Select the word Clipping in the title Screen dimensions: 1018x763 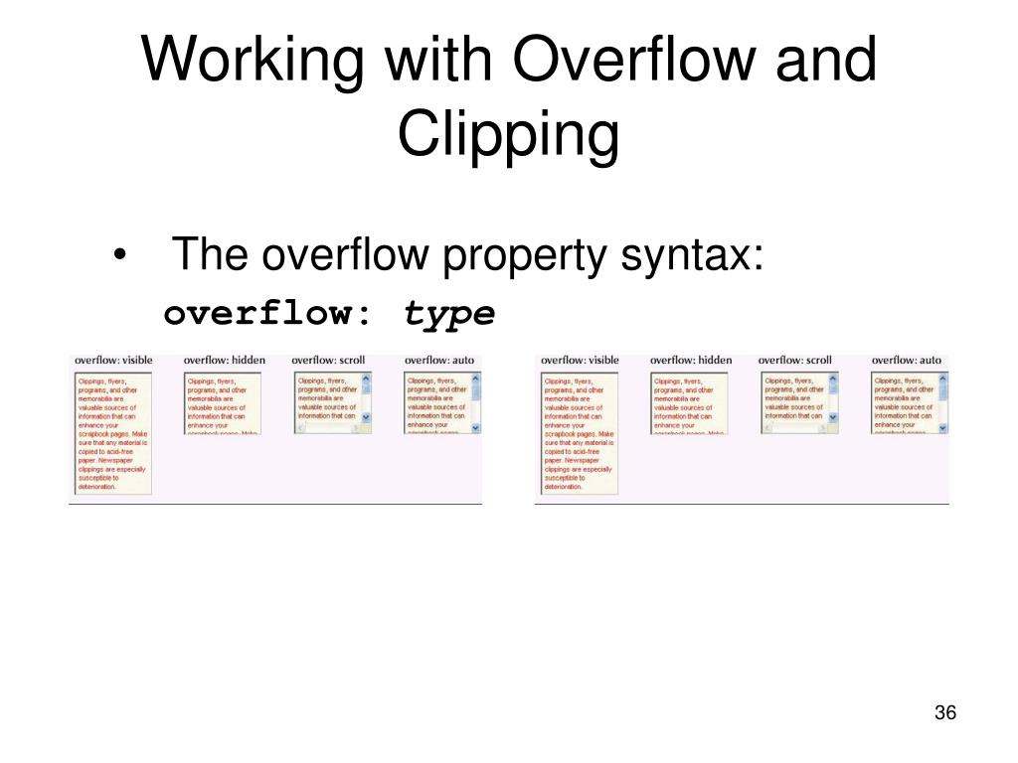click(508, 136)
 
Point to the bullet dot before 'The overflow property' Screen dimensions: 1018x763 click(120, 257)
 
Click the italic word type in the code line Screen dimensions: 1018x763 click(448, 313)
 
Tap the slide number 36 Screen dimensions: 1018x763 click(944, 713)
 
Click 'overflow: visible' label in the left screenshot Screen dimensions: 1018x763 click(113, 359)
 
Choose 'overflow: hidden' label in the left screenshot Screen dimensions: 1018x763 click(224, 359)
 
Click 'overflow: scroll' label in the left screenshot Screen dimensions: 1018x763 click(328, 359)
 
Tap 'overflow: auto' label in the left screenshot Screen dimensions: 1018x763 click(439, 359)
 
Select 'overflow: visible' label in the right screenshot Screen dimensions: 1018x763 click(580, 359)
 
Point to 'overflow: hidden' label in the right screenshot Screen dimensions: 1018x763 click(690, 359)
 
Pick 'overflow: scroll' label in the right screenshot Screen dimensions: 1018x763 click(794, 359)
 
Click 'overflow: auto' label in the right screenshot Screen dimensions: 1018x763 click(906, 359)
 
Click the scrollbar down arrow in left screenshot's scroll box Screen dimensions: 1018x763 click(365, 418)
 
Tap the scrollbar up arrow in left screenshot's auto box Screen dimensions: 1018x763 click(475, 379)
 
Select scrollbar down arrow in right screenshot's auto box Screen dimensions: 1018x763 click(942, 426)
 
